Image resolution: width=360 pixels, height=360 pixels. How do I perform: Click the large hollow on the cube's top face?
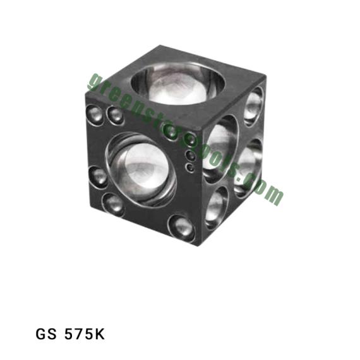pyautogui.click(x=177, y=83)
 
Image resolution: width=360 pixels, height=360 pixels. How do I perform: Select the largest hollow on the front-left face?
pyautogui.click(x=141, y=170)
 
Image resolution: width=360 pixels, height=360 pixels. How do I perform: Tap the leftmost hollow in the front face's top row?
pyautogui.click(x=95, y=115)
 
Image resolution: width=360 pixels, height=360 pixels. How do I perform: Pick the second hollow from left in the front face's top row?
pyautogui.click(x=116, y=116)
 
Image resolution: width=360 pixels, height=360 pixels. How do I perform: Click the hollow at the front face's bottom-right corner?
pyautogui.click(x=182, y=228)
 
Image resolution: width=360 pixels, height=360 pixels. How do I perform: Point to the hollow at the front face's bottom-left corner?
pyautogui.click(x=114, y=205)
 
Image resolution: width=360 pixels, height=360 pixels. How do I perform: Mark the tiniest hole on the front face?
pyautogui.click(x=190, y=167)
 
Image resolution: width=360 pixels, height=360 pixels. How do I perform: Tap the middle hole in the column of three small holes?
pyautogui.click(x=191, y=155)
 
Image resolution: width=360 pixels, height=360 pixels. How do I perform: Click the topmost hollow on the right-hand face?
pyautogui.click(x=254, y=106)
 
